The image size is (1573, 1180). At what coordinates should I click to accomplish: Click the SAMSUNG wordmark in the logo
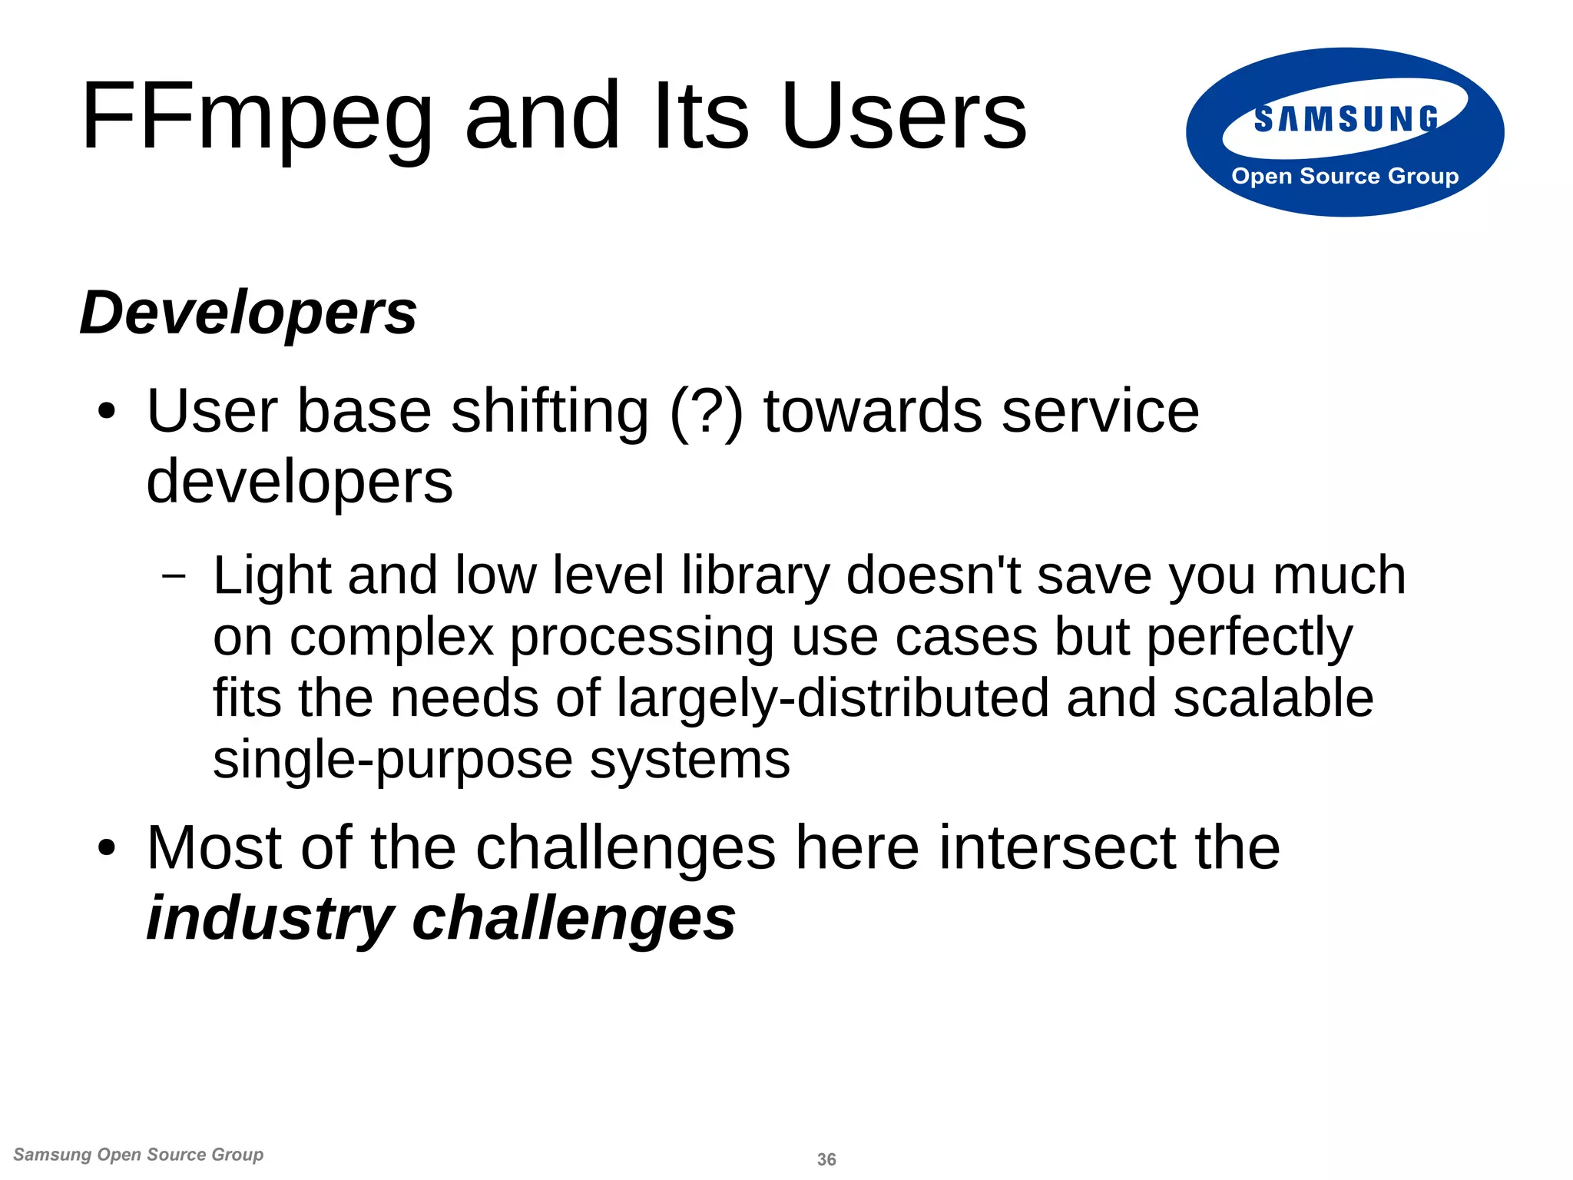[x=1346, y=120]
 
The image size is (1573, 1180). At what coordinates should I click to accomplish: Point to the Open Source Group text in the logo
[x=1345, y=176]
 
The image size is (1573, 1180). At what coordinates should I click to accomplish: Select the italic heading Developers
[x=248, y=313]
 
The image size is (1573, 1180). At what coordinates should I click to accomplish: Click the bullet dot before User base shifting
[x=107, y=413]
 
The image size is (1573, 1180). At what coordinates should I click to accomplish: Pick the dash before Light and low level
[x=175, y=575]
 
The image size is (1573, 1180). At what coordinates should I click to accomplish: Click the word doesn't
[x=933, y=575]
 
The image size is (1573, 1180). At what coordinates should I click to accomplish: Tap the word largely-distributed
[x=833, y=698]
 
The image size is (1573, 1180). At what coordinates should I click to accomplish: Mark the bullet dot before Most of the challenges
[x=107, y=849]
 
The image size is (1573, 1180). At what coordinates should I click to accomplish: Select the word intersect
[x=1058, y=848]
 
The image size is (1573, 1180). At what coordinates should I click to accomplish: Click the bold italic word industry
[x=270, y=919]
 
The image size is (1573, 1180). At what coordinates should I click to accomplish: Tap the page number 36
[x=826, y=1159]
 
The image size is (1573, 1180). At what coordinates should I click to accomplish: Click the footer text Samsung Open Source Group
[x=138, y=1155]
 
